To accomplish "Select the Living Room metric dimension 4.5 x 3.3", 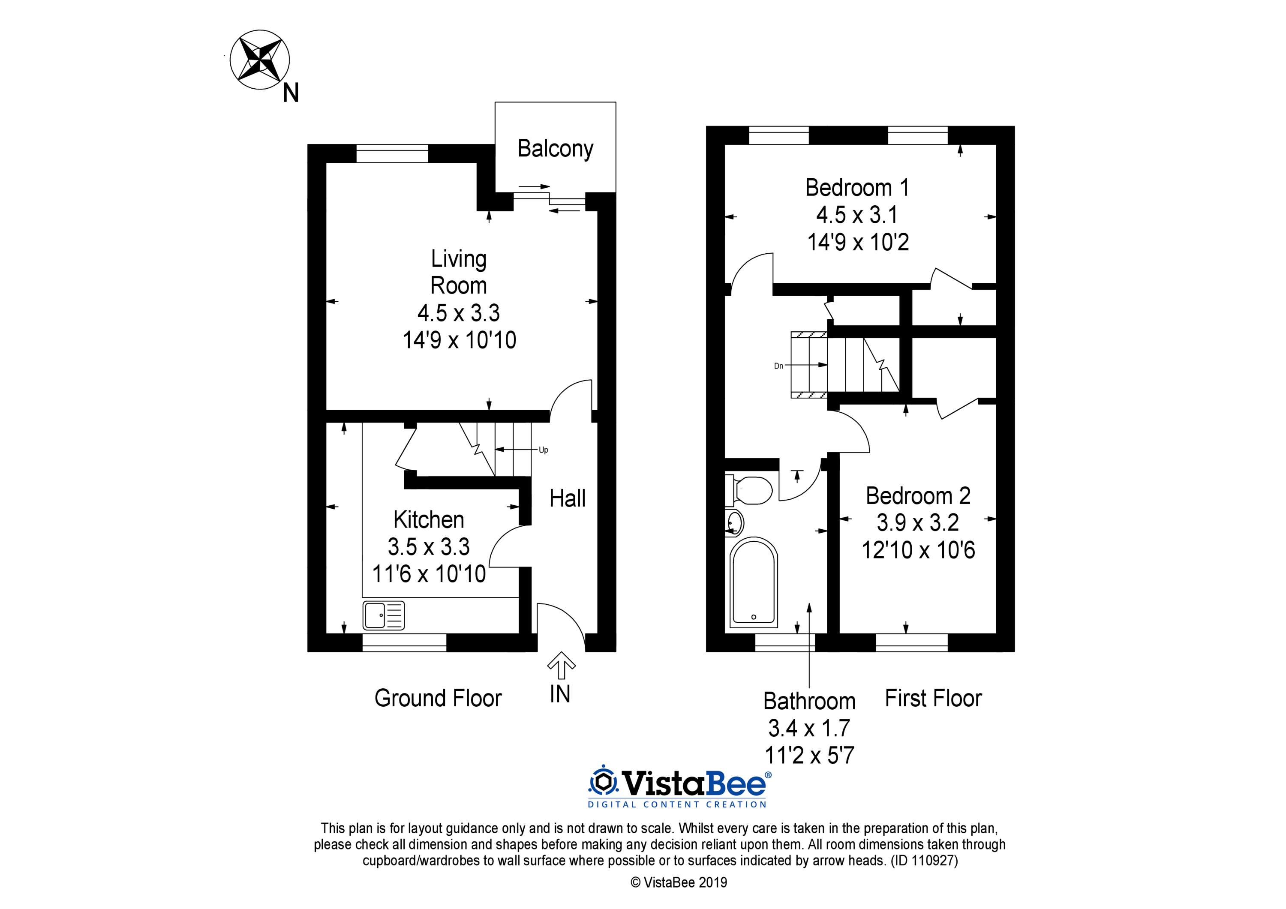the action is coord(458,312).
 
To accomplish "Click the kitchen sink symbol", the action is coord(384,615).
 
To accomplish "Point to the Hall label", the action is coord(568,498).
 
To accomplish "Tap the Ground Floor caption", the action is coord(438,699).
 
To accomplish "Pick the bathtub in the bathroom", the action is coord(754,582).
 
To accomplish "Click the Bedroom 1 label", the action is coord(857,188).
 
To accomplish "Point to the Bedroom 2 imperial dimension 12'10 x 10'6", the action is coord(918,550).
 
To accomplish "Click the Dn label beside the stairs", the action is coord(778,366).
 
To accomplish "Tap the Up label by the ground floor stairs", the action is coord(543,450).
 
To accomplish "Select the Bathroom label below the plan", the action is coord(809,701).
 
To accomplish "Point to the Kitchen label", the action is coord(429,520).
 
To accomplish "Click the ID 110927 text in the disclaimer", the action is coord(925,860).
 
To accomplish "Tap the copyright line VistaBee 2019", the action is coord(679,883).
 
